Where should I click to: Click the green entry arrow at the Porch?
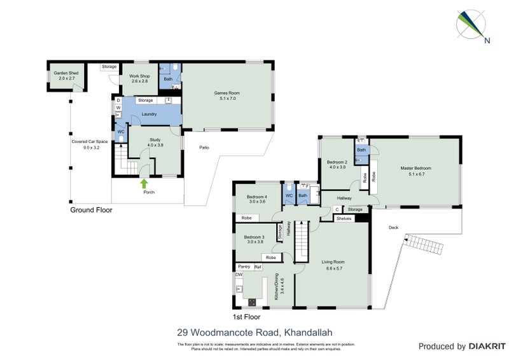pos(144,184)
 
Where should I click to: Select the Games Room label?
pos(227,95)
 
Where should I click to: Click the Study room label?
pos(155,142)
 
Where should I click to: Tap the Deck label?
pos(394,228)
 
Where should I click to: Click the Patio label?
pos(204,148)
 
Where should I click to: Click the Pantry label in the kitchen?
pos(243,267)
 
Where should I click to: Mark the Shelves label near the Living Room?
pos(344,218)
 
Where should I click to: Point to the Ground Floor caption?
pos(90,209)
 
